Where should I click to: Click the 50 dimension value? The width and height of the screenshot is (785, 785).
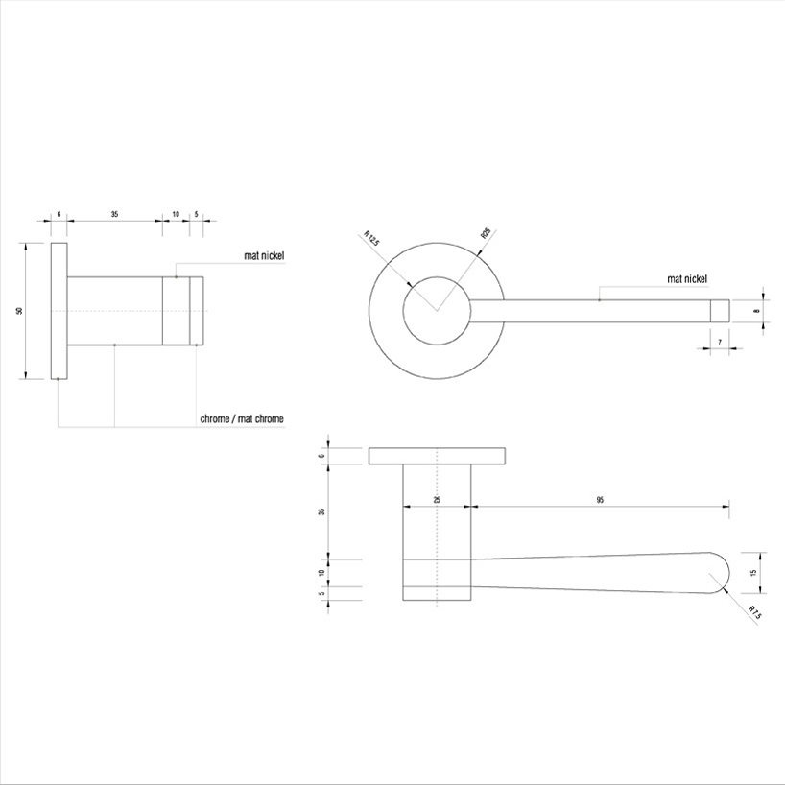click(x=19, y=311)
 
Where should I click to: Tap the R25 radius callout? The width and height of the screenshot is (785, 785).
click(x=486, y=233)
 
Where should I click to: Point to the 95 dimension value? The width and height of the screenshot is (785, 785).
click(x=600, y=500)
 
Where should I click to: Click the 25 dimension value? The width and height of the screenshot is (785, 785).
click(x=437, y=500)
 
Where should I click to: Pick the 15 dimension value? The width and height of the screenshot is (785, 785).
click(x=754, y=573)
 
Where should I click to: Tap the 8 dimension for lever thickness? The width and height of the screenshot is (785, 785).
click(x=756, y=311)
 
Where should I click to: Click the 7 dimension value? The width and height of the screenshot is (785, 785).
click(x=719, y=343)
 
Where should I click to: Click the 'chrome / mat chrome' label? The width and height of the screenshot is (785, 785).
click(x=241, y=419)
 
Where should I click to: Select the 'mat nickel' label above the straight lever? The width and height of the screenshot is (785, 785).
click(x=687, y=279)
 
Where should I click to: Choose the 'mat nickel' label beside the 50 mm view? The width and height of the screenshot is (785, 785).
click(x=264, y=256)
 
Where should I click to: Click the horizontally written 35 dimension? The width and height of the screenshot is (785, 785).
click(x=114, y=215)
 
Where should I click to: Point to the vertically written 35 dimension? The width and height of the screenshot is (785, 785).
click(x=322, y=511)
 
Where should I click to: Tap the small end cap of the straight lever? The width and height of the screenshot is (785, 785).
click(x=719, y=311)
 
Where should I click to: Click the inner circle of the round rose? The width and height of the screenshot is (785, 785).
click(x=437, y=310)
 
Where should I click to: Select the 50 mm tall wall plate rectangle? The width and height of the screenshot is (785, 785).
click(x=59, y=311)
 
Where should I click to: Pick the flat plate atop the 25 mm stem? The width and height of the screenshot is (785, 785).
click(x=437, y=456)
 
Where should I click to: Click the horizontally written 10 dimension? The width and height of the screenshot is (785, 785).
click(x=175, y=215)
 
